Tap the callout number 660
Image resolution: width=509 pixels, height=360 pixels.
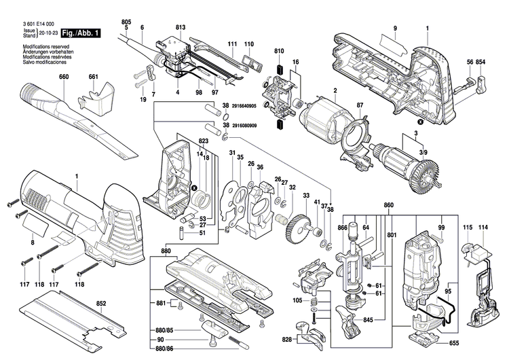(x=64, y=76)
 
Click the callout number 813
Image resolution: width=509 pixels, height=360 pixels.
(x=180, y=26)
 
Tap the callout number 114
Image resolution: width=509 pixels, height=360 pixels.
(x=483, y=226)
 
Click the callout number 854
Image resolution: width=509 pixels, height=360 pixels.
(x=481, y=62)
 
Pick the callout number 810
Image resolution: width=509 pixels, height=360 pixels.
(x=279, y=51)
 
